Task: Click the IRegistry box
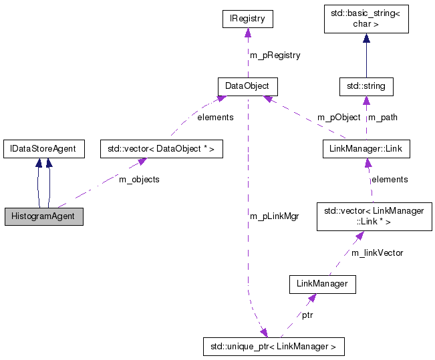(x=248, y=19)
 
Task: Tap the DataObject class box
(x=247, y=86)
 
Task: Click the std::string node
(x=366, y=86)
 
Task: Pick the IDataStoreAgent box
(x=43, y=148)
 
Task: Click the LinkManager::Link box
(x=366, y=148)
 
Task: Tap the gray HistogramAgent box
(x=43, y=216)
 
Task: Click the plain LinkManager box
(x=322, y=284)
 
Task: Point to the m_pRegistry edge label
(x=275, y=55)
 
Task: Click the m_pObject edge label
(x=339, y=118)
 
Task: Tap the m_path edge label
(x=383, y=118)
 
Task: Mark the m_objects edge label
(x=139, y=179)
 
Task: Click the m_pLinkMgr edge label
(x=274, y=216)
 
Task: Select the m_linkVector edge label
(x=378, y=252)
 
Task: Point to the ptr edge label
(x=307, y=314)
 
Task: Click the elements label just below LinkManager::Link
(x=390, y=179)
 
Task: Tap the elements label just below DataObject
(x=215, y=117)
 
